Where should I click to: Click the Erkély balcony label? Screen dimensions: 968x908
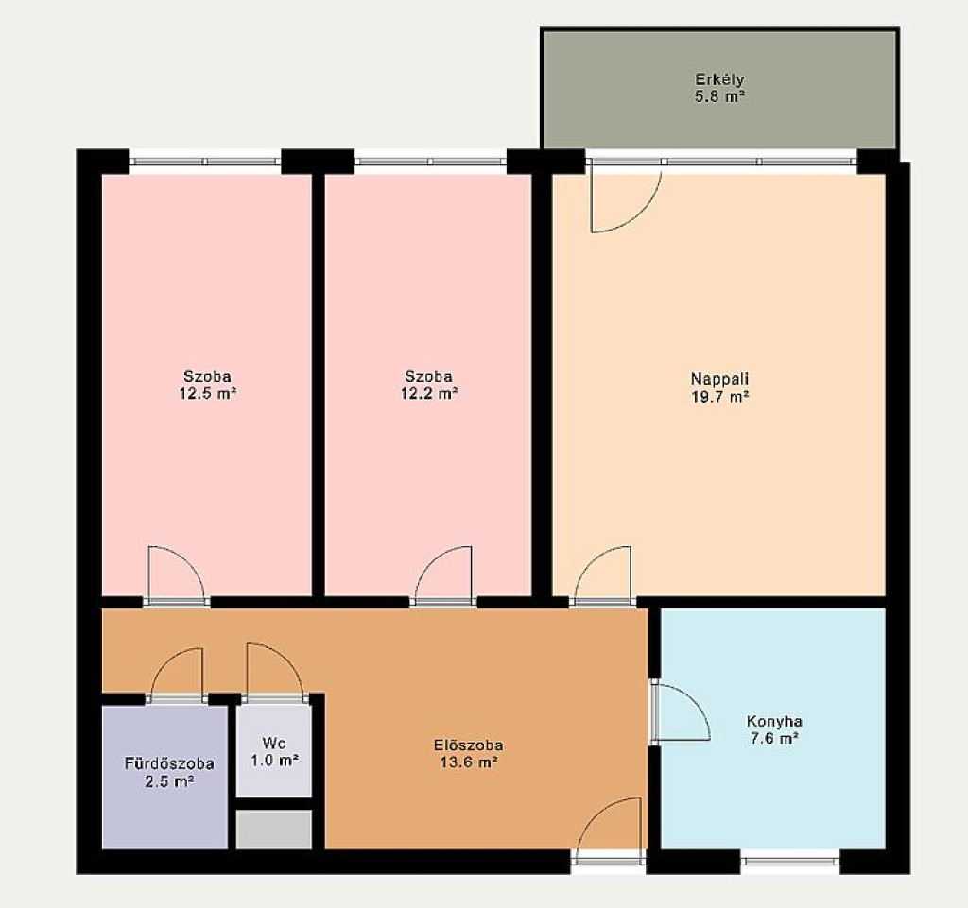tap(719, 80)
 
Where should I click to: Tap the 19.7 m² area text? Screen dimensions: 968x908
tap(720, 397)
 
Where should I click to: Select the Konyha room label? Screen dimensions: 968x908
tap(774, 721)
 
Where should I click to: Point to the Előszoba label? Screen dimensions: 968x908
tap(469, 745)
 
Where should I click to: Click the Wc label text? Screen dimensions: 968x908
tap(274, 742)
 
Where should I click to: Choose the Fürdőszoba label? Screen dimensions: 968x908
tap(169, 763)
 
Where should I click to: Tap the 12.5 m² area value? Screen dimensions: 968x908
tap(208, 394)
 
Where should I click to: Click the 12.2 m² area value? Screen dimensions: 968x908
tap(429, 394)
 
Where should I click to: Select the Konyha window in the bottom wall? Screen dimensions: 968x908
tap(790, 861)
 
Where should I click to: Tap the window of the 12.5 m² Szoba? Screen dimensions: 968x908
tap(205, 163)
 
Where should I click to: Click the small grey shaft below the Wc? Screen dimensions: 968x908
tap(274, 829)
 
